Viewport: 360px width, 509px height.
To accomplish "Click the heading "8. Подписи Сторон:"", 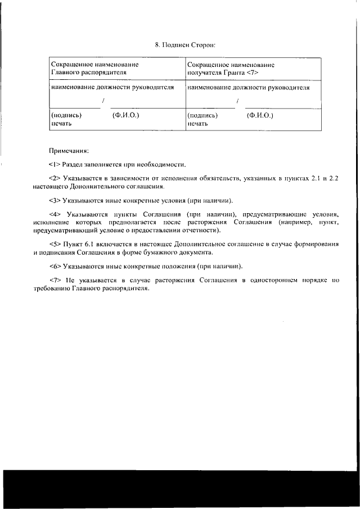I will (x=185, y=44).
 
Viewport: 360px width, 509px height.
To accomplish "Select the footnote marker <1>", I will (x=54, y=165).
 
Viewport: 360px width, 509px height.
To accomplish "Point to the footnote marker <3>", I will (x=54, y=200).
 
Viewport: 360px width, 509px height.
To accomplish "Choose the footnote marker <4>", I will (x=54, y=215).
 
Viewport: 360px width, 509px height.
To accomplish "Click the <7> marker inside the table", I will (x=253, y=73).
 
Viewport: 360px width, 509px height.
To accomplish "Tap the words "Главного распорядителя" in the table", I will (x=88, y=73).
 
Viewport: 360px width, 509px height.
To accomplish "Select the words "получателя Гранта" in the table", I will (x=216, y=73).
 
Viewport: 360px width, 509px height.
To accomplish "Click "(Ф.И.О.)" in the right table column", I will (x=259, y=114).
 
